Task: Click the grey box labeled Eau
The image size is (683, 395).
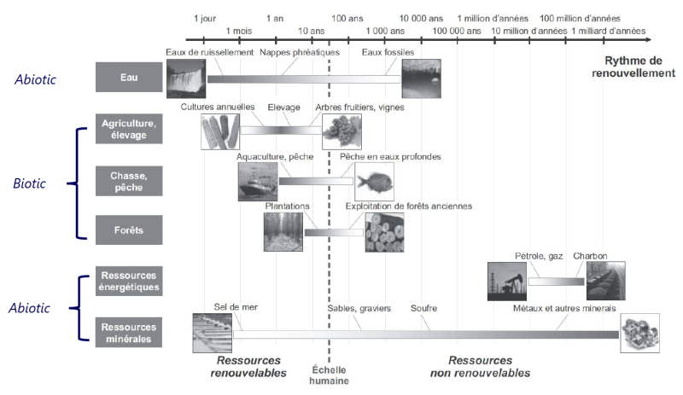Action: point(129,77)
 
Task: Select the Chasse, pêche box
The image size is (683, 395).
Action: point(129,181)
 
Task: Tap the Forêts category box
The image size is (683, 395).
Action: point(129,230)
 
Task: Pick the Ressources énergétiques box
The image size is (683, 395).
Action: point(129,282)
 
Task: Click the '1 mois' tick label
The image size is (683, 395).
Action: point(239,31)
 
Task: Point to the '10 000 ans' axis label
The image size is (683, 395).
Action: point(421,18)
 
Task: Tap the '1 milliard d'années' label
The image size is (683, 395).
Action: point(609,31)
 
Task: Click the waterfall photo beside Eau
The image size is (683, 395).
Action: point(186,78)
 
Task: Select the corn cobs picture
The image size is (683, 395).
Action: point(220,131)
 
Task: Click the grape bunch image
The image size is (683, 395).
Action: point(342,131)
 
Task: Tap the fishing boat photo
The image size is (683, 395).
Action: point(258,182)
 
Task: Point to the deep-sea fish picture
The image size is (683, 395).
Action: point(375,182)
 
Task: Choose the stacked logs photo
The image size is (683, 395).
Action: point(385,233)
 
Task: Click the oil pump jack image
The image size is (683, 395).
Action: point(507,282)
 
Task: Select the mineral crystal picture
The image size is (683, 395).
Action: point(639,334)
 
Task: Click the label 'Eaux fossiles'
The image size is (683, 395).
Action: point(388,52)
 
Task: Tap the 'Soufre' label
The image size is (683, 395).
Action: point(423,308)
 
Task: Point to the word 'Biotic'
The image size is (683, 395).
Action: point(29,183)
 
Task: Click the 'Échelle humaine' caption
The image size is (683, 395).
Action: point(330,375)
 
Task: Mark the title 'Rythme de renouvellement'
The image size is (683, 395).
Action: point(633,67)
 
